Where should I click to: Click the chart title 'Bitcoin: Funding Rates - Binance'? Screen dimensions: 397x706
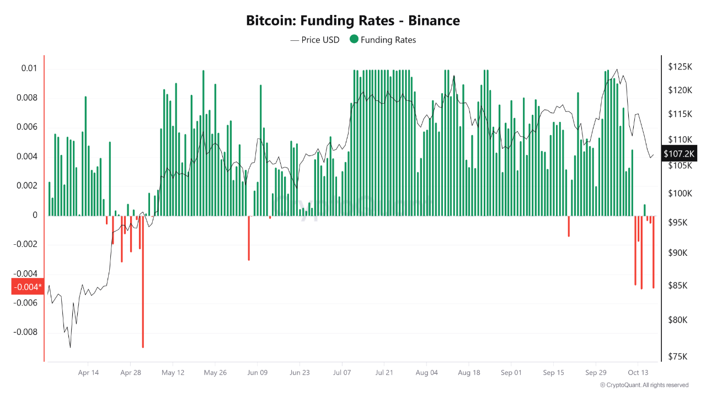click(352, 21)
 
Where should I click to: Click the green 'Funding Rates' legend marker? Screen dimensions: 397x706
click(354, 39)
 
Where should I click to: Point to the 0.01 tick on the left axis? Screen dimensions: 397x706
click(29, 68)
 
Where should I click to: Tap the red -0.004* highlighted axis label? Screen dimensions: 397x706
click(26, 287)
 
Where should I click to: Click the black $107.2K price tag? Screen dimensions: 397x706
click(679, 154)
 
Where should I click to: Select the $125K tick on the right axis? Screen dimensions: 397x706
click(679, 67)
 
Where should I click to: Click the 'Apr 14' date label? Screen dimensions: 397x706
click(88, 373)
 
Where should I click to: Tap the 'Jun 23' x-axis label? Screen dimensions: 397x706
click(299, 373)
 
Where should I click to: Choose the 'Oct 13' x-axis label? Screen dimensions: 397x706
click(638, 373)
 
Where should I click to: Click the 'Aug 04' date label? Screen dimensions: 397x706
click(426, 373)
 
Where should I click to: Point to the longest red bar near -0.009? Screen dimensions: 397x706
click(143, 281)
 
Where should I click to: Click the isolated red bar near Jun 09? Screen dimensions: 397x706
click(249, 238)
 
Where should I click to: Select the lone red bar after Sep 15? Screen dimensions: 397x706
click(569, 226)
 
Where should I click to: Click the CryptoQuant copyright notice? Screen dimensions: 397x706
click(644, 385)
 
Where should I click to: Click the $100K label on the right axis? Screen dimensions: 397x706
click(679, 194)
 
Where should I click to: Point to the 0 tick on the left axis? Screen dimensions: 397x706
click(34, 215)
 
